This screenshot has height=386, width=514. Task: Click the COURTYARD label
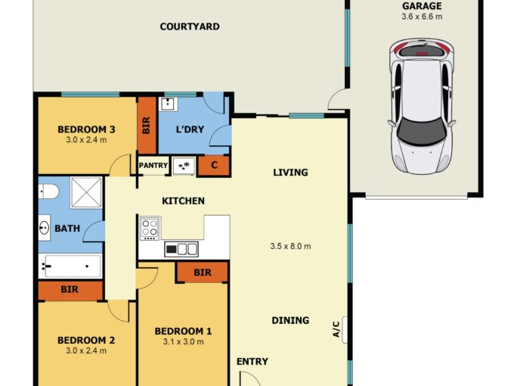[x=190, y=26]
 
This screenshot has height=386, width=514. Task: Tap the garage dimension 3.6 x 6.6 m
[x=422, y=17]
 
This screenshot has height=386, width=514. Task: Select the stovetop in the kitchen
[x=150, y=228]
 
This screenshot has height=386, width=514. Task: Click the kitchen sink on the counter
[x=181, y=249]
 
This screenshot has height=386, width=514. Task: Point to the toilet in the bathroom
[x=48, y=191]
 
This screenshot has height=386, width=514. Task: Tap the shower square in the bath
[x=86, y=193]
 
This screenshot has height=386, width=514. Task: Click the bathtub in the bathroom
[x=70, y=266]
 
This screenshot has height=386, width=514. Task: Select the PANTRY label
[x=153, y=165]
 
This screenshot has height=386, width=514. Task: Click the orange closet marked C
[x=214, y=165]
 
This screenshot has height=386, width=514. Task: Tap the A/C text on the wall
[x=336, y=329]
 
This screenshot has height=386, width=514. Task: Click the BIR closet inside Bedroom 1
[x=203, y=272]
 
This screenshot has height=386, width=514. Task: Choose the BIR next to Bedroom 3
[x=147, y=126]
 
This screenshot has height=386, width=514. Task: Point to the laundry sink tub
[x=169, y=104]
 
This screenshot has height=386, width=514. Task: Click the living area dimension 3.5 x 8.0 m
[x=290, y=246]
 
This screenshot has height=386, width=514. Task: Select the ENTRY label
[x=252, y=361]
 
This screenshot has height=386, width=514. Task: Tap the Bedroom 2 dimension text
[x=86, y=350]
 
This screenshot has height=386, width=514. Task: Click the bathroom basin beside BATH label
[x=45, y=228]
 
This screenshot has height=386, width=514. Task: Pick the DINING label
[x=290, y=320]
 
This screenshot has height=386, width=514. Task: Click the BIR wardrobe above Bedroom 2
[x=70, y=290]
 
